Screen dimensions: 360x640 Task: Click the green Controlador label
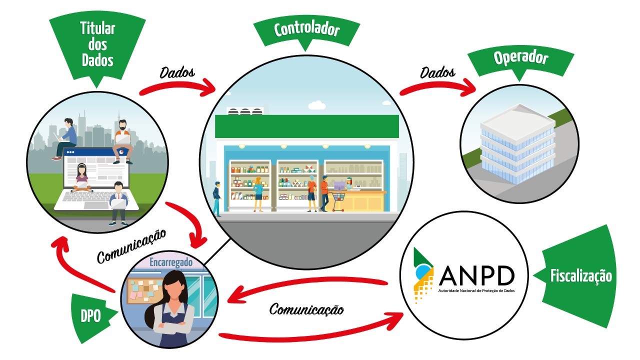point(306,30)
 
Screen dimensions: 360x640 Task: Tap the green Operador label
point(520,59)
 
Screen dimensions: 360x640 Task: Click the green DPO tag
point(91,316)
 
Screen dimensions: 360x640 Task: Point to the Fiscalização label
point(580,276)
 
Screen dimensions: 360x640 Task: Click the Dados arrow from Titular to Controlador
point(177,86)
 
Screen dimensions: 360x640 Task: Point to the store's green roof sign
point(306,126)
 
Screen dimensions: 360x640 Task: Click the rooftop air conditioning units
point(245,110)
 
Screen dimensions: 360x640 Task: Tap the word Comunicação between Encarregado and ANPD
point(306,309)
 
